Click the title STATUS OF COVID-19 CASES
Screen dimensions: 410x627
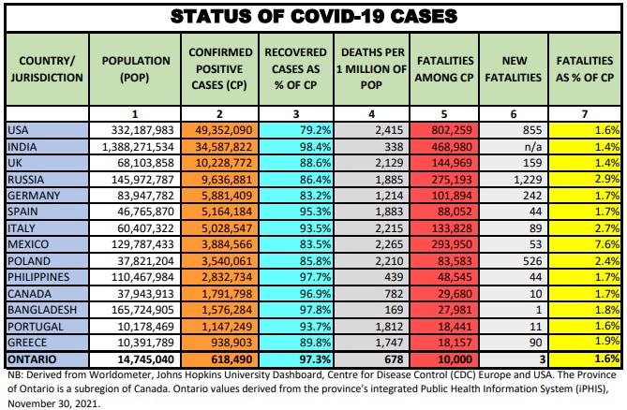click(x=313, y=16)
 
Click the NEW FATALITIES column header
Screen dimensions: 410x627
click(x=515, y=68)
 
